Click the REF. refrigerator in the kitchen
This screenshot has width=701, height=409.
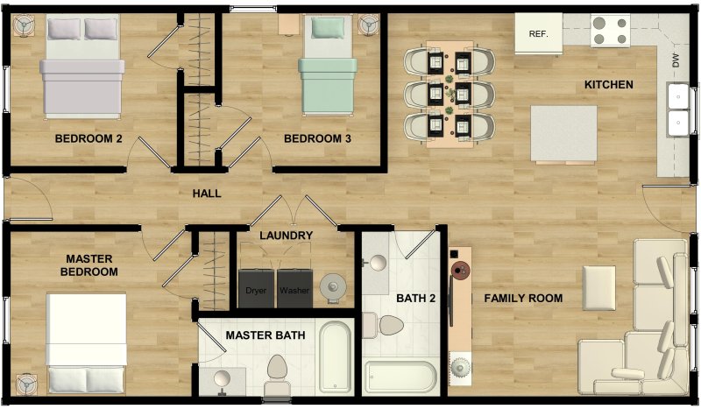click(x=538, y=34)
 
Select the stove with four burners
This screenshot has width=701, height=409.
click(x=610, y=31)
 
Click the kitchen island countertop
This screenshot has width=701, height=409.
click(x=563, y=133)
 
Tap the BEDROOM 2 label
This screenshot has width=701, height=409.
click(x=88, y=138)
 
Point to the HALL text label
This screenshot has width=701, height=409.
click(x=207, y=194)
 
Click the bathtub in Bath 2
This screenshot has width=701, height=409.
click(x=400, y=377)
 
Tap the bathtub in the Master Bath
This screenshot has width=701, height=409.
click(x=335, y=357)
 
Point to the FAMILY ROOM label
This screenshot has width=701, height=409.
click(x=523, y=299)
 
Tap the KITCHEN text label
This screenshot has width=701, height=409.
click(x=608, y=85)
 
